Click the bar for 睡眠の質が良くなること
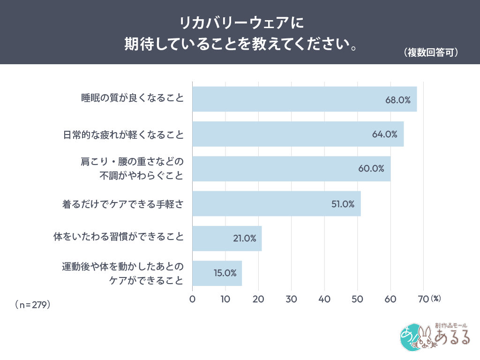304,99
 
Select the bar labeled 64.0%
298,134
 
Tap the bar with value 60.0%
291,169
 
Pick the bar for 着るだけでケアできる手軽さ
276,203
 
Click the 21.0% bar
227,238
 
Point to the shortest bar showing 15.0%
217,273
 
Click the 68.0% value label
398,99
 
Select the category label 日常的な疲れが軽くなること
123,135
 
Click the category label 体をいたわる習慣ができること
118,238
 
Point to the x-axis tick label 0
192,299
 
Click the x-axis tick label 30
291,299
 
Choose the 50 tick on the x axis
357,299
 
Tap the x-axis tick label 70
422,299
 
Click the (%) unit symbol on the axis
435,298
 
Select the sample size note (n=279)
33,304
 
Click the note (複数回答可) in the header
430,52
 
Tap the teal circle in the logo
409,337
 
